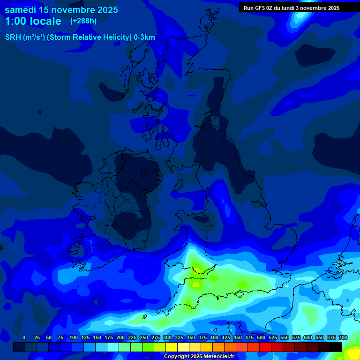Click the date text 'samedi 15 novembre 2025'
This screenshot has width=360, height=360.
coord(61,10)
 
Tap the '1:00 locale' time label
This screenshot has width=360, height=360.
coord(33,21)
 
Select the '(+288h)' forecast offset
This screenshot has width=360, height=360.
coord(83,21)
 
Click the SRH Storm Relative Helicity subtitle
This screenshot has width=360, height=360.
coord(80,37)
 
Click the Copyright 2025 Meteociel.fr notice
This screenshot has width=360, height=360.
coord(199,356)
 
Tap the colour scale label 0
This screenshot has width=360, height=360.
coord(23,337)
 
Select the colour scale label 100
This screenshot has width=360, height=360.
coord(74,337)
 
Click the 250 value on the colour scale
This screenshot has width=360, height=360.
coord(144,337)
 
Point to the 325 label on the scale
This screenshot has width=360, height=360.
coord(179,337)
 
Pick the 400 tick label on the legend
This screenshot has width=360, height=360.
coord(214,337)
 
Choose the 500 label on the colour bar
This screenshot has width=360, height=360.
coord(261,337)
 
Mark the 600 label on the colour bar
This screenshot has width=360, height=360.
coord(308,337)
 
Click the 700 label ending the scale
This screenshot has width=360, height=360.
coord(343,337)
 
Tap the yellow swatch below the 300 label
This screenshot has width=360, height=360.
coord(172,347)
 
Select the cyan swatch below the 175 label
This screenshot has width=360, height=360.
coord(113,347)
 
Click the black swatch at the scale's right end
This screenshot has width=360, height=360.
coord(336,347)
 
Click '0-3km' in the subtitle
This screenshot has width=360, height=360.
coord(144,37)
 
